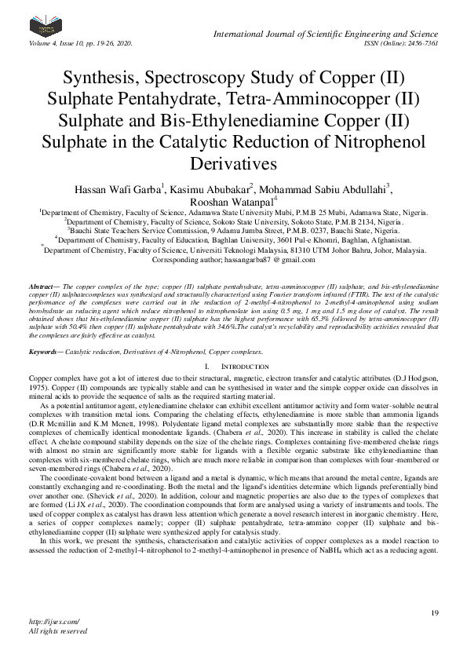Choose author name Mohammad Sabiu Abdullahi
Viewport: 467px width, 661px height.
327,188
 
